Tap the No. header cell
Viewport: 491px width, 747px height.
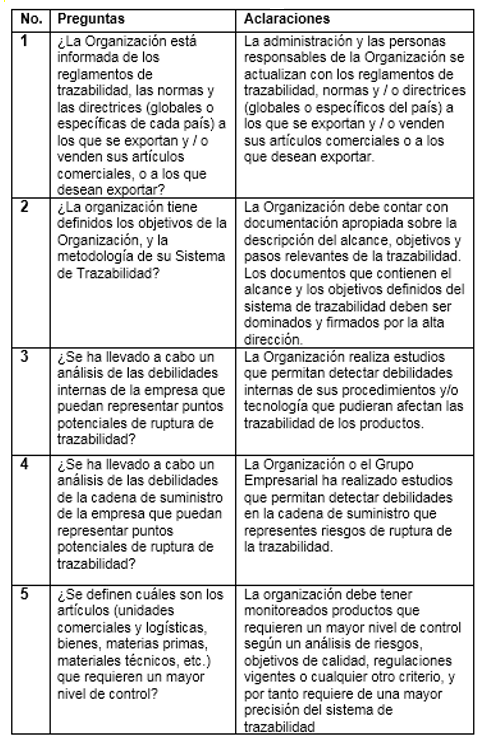click(33, 20)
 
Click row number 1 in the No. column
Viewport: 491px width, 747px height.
click(27, 41)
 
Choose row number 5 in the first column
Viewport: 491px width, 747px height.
click(27, 594)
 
